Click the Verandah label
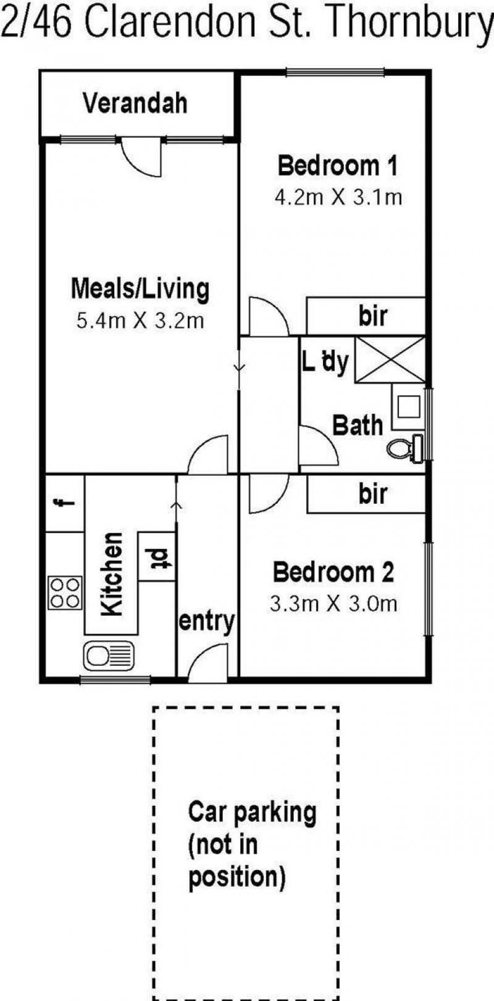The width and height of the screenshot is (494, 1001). click(135, 103)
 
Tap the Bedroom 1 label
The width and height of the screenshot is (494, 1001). click(338, 165)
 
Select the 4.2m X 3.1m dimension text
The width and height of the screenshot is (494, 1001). click(338, 197)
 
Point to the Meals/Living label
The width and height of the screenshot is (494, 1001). click(140, 289)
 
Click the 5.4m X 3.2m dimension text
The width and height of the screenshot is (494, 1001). click(140, 321)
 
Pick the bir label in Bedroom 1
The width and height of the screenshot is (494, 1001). click(373, 316)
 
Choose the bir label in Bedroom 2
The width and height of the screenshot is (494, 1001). click(373, 493)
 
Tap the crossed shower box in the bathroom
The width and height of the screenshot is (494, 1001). click(390, 360)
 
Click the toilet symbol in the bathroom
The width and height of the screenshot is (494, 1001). click(406, 447)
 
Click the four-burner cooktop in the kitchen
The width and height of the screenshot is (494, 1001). click(65, 593)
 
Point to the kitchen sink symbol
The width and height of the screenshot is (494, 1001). click(109, 656)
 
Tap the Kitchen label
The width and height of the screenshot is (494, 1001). click(111, 574)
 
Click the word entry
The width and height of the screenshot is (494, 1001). click(206, 622)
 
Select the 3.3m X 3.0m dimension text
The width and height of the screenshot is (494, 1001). click(333, 604)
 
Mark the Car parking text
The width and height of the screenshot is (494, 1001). click(252, 811)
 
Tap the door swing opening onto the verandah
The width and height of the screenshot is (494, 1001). click(141, 156)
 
